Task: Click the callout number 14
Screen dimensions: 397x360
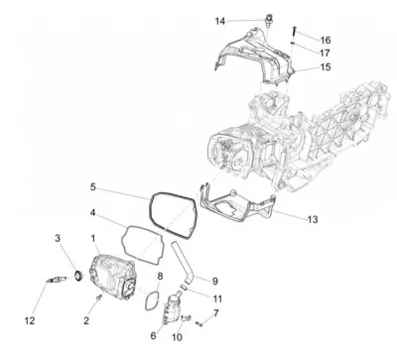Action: (x=220, y=21)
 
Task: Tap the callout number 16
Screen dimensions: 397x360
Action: (x=326, y=40)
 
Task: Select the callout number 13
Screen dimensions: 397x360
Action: (x=313, y=219)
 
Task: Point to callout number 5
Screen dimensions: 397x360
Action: (x=93, y=187)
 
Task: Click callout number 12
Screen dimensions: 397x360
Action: (x=30, y=320)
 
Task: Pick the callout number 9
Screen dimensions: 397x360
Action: (x=214, y=281)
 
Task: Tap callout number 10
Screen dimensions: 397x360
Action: (x=177, y=337)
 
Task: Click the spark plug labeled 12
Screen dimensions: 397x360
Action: (x=57, y=281)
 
